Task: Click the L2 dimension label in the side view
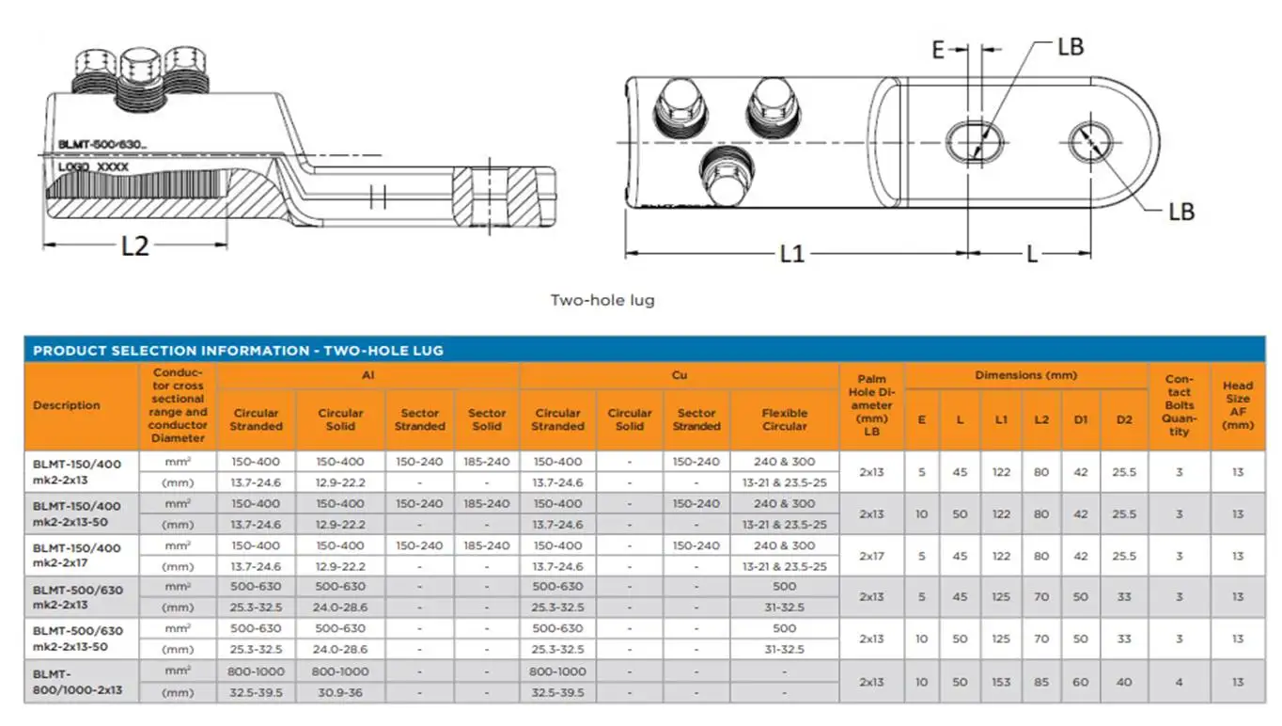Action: [x=135, y=246]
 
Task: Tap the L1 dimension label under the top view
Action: [x=792, y=254]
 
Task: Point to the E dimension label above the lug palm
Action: [x=937, y=50]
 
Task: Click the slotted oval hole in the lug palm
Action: [x=975, y=142]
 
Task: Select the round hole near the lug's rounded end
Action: [x=1090, y=142]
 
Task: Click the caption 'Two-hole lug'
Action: [x=602, y=300]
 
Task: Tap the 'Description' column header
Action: [x=67, y=405]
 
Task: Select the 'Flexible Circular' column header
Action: [x=784, y=419]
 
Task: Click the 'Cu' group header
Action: [x=679, y=375]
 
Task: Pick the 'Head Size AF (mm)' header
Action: [x=1238, y=405]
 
